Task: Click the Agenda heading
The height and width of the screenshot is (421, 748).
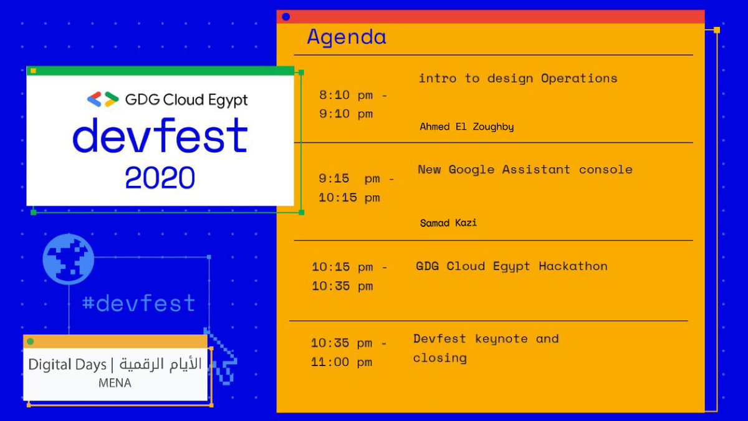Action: click(x=347, y=37)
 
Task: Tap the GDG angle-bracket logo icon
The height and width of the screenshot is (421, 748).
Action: click(x=103, y=100)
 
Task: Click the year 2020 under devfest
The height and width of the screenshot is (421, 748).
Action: click(x=160, y=177)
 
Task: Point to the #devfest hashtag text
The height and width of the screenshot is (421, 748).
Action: click(x=139, y=304)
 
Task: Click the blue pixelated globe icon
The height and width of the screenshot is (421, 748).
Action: click(x=69, y=259)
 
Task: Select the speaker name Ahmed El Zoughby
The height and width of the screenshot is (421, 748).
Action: click(x=467, y=127)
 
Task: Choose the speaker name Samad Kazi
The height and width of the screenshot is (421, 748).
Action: click(x=448, y=223)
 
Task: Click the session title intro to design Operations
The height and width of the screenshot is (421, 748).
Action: click(x=517, y=79)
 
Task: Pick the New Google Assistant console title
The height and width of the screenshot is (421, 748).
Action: click(x=525, y=170)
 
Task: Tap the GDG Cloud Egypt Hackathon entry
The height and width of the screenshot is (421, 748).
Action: click(x=511, y=266)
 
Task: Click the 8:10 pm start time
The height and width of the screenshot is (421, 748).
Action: click(x=353, y=95)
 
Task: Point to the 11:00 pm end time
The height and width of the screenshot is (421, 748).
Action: click(x=342, y=362)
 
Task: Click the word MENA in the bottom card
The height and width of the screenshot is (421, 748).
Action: click(x=115, y=383)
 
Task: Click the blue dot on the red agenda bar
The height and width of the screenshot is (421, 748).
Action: click(x=286, y=17)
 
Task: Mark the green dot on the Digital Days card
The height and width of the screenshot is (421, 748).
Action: click(x=30, y=341)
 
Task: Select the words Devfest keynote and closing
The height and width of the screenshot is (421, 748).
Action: click(x=486, y=348)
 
